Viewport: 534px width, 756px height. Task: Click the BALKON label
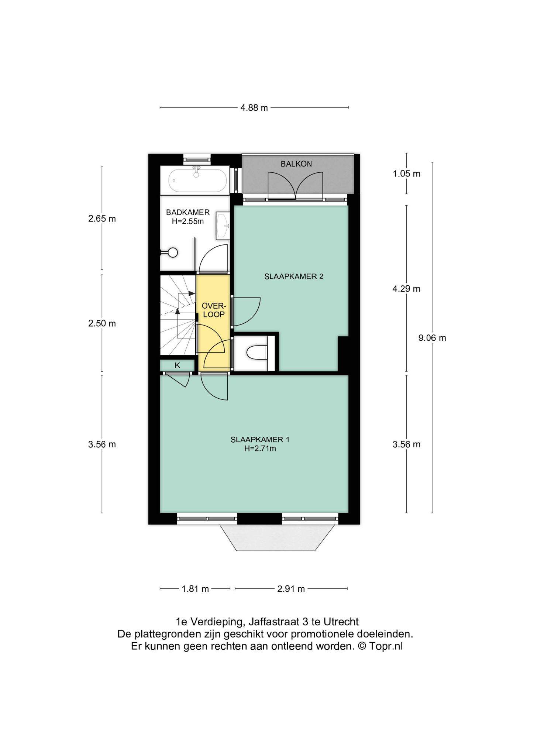click(296, 164)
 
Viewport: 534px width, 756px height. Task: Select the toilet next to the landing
click(257, 352)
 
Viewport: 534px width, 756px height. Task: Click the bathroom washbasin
click(223, 225)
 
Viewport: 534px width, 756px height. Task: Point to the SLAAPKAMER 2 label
click(294, 276)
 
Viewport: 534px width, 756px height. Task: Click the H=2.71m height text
click(260, 449)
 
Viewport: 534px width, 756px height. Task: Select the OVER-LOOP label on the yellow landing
click(214, 310)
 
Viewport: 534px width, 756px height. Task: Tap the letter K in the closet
click(177, 365)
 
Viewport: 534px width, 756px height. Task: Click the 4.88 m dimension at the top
click(254, 108)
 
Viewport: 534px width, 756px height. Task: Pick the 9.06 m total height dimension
click(432, 338)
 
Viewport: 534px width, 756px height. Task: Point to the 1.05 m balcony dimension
click(406, 173)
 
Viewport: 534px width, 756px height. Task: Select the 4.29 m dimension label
click(406, 289)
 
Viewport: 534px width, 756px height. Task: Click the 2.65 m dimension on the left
click(102, 219)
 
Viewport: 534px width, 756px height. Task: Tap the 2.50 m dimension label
click(102, 323)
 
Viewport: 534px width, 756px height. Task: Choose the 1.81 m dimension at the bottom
click(195, 589)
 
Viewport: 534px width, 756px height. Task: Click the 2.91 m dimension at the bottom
click(291, 589)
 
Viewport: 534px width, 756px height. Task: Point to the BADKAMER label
click(188, 213)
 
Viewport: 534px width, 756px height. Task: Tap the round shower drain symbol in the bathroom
click(172, 252)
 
